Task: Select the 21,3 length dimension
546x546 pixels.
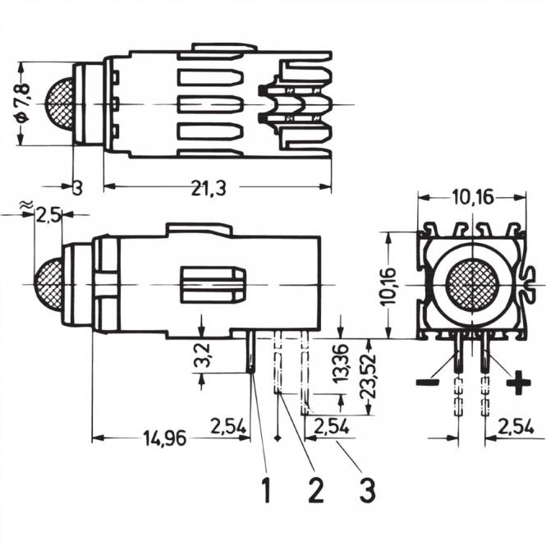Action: [x=210, y=189]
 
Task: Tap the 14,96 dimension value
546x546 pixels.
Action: [x=161, y=438]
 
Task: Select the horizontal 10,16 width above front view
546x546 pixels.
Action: [x=472, y=197]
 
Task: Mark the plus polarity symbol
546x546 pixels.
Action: [x=518, y=383]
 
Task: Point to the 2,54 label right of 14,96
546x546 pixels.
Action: [x=228, y=426]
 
